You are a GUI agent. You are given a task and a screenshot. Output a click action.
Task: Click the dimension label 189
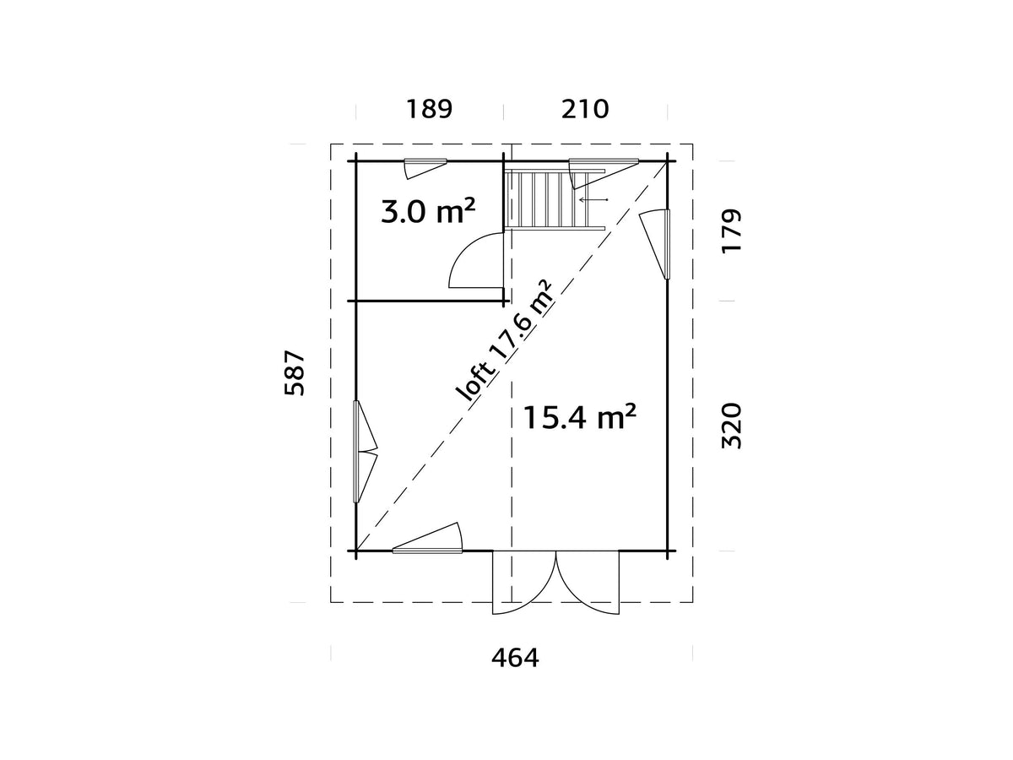pyautogui.click(x=429, y=110)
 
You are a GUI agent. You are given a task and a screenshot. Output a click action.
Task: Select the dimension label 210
pyautogui.click(x=585, y=110)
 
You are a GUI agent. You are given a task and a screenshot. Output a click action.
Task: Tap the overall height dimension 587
pyautogui.click(x=295, y=373)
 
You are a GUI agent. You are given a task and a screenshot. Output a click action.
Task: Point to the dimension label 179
pyautogui.click(x=731, y=231)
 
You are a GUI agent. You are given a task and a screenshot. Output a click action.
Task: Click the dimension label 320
pyautogui.click(x=731, y=426)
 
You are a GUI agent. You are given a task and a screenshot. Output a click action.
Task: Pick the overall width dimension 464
pyautogui.click(x=515, y=658)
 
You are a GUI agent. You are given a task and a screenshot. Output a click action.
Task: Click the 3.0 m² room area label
pyautogui.click(x=428, y=211)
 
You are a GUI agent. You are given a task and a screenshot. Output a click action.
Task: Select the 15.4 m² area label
pyautogui.click(x=580, y=416)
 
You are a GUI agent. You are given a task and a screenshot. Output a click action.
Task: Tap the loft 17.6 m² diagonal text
pyautogui.click(x=505, y=341)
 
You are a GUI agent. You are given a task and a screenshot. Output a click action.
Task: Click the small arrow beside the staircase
pyautogui.click(x=594, y=200)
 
